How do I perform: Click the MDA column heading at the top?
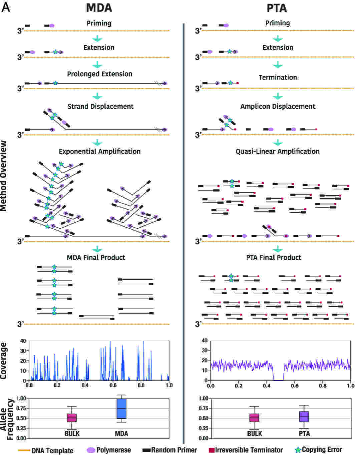pyautogui.click(x=99, y=8)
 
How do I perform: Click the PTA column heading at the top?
pyautogui.click(x=277, y=8)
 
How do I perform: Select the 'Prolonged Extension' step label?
pyautogui.click(x=99, y=74)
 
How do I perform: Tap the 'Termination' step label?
pyautogui.click(x=278, y=77)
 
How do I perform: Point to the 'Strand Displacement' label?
pyautogui.click(x=100, y=106)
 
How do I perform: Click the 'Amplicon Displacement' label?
pyautogui.click(x=278, y=106)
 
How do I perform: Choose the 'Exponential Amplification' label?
pyautogui.click(x=99, y=151)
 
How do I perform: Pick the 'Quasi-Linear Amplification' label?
pyautogui.click(x=278, y=151)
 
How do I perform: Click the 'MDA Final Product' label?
pyautogui.click(x=96, y=257)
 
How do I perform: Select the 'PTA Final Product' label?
pyautogui.click(x=274, y=257)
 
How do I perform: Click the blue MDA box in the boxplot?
pyautogui.click(x=121, y=409)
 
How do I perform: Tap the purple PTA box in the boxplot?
pyautogui.click(x=304, y=417)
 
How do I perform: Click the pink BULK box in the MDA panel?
pyautogui.click(x=72, y=418)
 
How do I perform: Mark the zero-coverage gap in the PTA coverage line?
pyautogui.click(x=278, y=380)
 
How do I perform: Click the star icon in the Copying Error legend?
pyautogui.click(x=298, y=450)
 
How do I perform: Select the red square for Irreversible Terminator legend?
pyautogui.click(x=211, y=450)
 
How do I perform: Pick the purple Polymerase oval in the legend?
pyautogui.click(x=91, y=450)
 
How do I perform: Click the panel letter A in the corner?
pyautogui.click(x=6, y=7)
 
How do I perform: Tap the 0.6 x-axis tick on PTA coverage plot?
pyautogui.click(x=295, y=386)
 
